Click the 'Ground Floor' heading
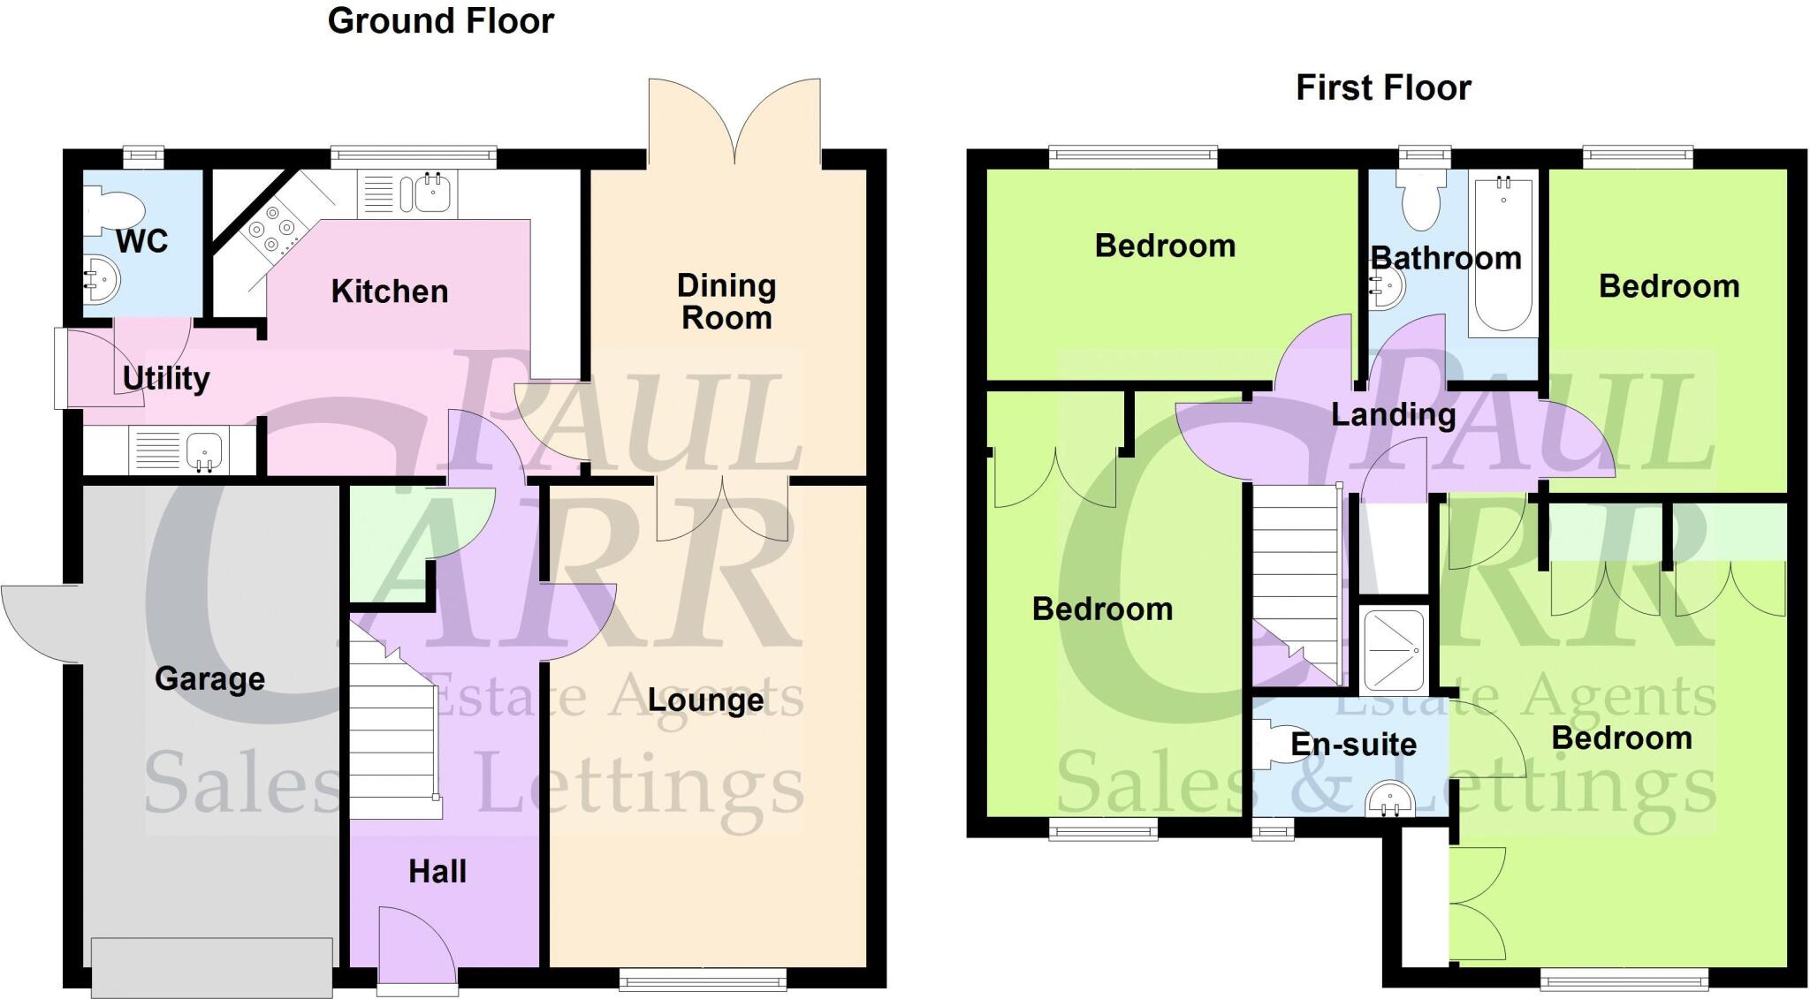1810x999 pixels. click(440, 21)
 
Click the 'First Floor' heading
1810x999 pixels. click(1383, 88)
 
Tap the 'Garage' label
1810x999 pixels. click(209, 678)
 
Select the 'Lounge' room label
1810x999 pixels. click(705, 700)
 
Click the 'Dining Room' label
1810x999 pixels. click(726, 301)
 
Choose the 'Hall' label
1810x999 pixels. click(437, 872)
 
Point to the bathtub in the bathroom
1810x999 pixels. click(1503, 254)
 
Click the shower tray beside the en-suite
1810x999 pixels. click(1394, 650)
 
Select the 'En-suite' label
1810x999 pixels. click(1353, 745)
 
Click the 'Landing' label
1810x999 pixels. click(1393, 414)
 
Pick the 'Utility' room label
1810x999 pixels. click(166, 378)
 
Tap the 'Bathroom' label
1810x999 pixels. click(1446, 258)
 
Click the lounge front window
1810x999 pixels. click(703, 979)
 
